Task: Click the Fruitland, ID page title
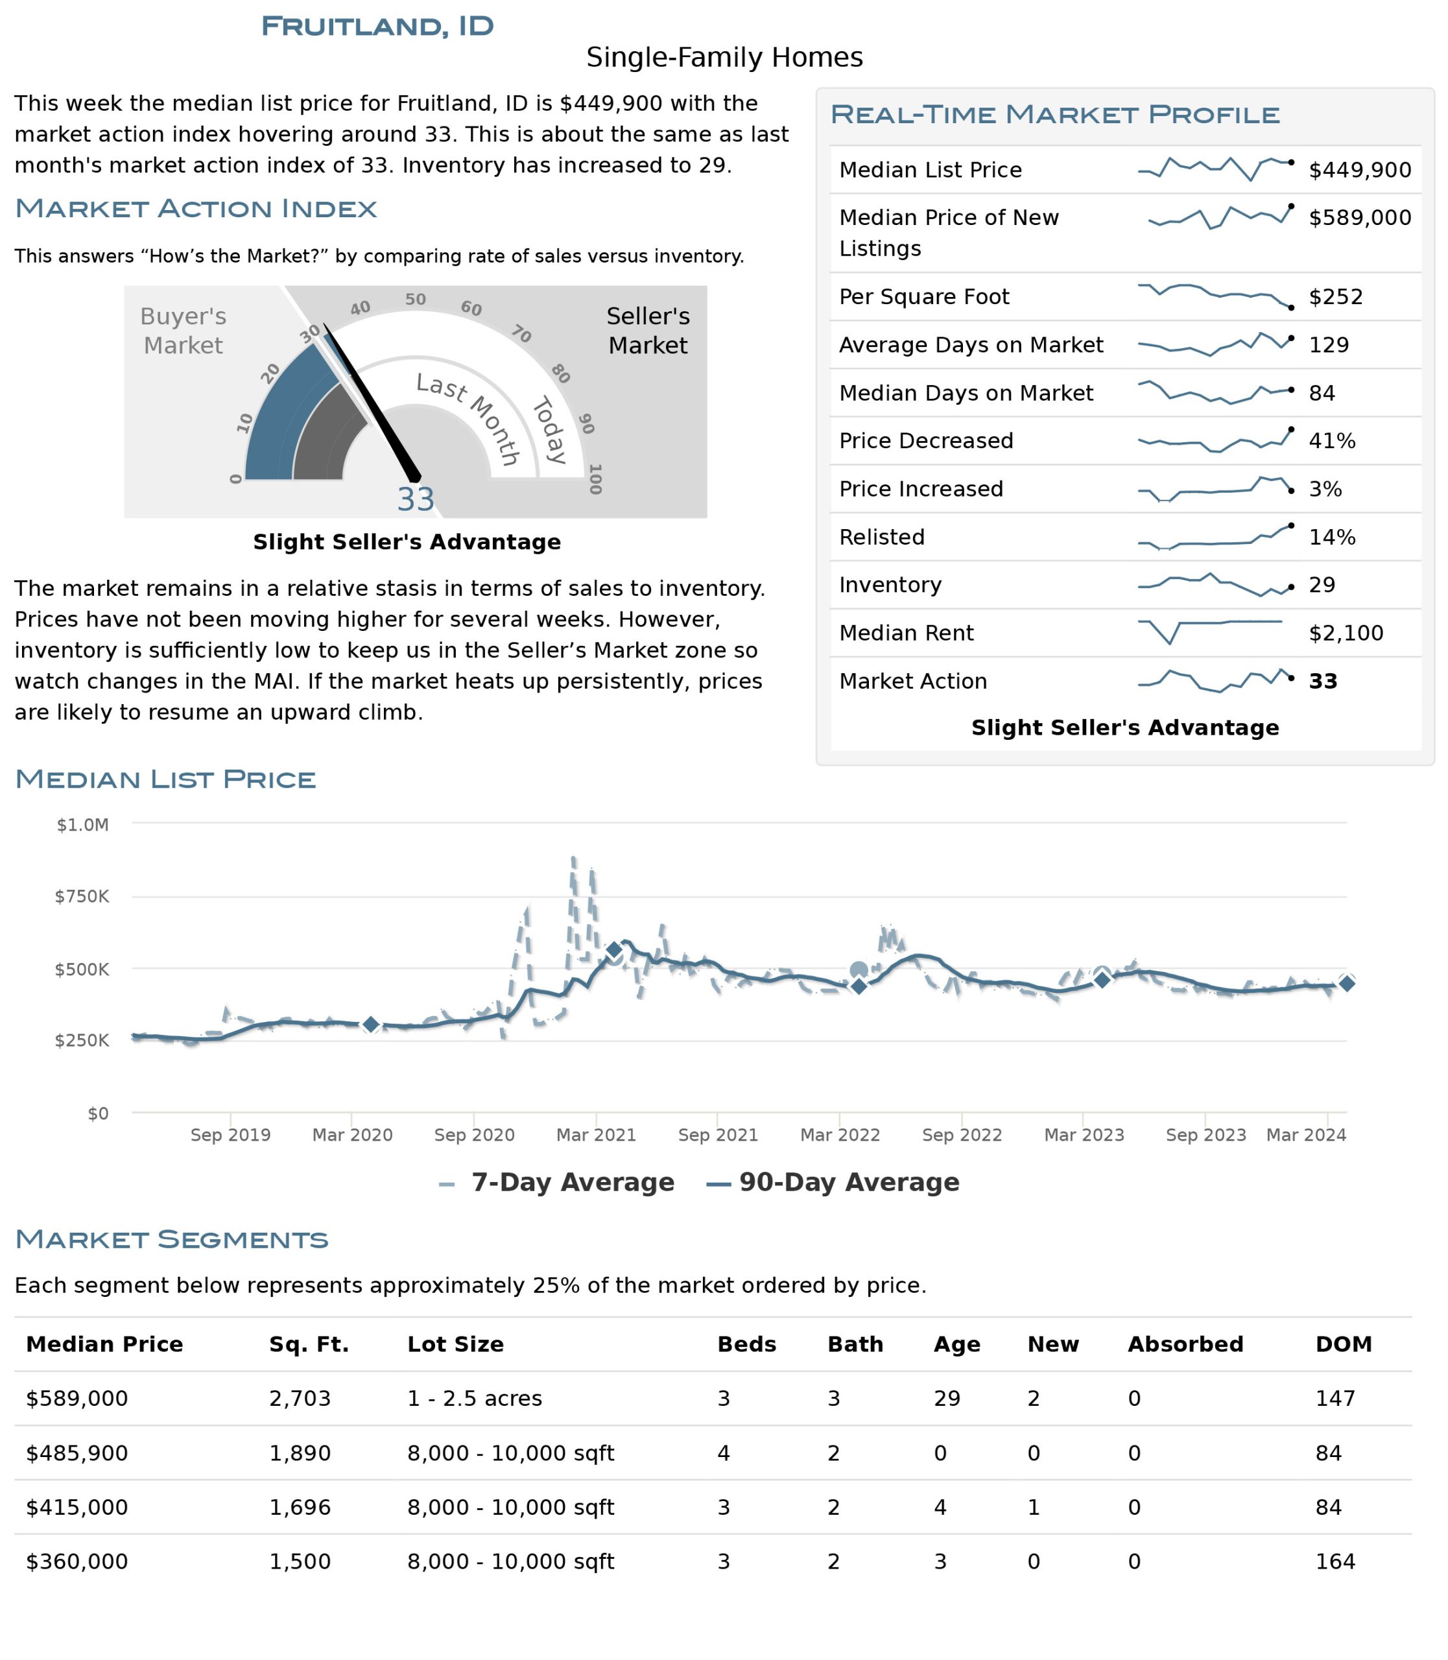[377, 26]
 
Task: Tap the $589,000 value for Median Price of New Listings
[1360, 217]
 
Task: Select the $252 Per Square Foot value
[1336, 296]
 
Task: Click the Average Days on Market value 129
[1329, 345]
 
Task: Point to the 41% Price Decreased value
[1333, 442]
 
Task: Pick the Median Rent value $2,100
[1346, 634]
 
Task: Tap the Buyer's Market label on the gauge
[184, 331]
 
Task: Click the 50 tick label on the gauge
[415, 300]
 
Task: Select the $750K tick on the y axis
[82, 896]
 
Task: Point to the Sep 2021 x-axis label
[718, 1135]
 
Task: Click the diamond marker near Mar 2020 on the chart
[370, 1025]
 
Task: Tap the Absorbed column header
[1185, 1345]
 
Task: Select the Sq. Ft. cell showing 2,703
[300, 1399]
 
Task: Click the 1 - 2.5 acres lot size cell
[474, 1399]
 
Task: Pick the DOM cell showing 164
[1335, 1562]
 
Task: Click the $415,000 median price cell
[77, 1508]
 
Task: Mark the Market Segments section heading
[171, 1240]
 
